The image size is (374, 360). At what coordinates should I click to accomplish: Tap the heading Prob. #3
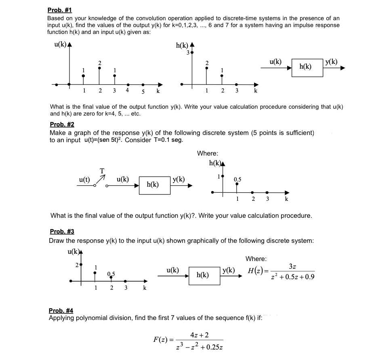62,232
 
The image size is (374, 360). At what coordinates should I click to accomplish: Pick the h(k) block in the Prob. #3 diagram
202,275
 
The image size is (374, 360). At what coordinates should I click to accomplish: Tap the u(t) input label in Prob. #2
84,180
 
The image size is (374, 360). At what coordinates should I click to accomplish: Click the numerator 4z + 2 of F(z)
200,335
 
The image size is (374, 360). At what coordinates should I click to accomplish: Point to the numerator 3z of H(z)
293,266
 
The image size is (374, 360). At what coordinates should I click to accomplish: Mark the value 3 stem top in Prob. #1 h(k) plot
192,53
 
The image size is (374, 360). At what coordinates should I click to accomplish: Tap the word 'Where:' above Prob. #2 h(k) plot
207,153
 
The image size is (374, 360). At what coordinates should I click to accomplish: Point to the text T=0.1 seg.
166,140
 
